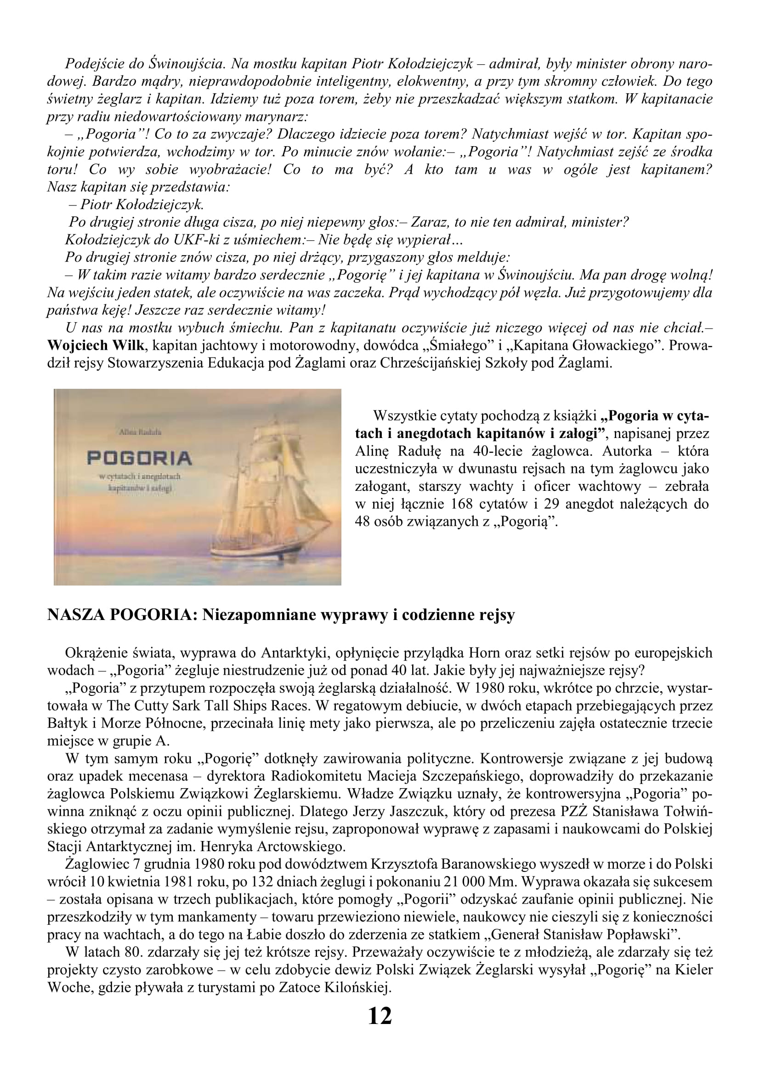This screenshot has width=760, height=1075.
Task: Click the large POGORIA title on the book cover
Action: click(x=140, y=457)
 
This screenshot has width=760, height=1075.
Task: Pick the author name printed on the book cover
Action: click(x=140, y=434)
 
